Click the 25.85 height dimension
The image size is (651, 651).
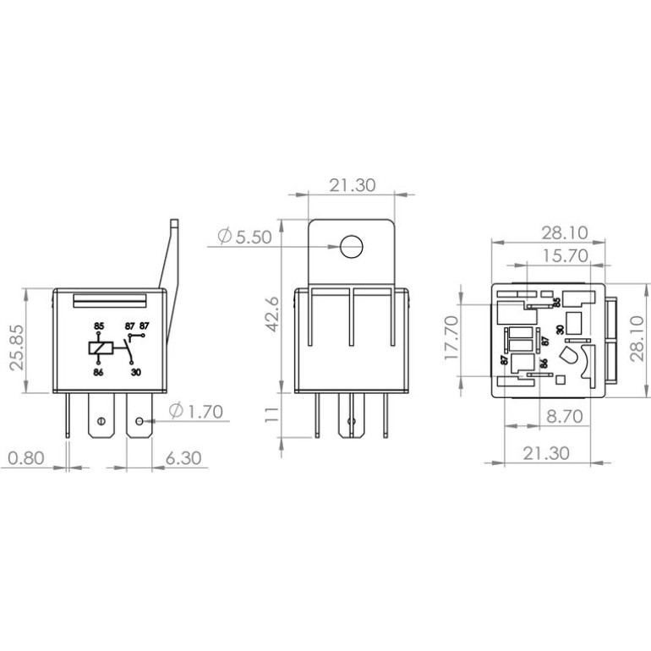click(x=17, y=347)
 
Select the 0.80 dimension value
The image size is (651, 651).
click(x=26, y=458)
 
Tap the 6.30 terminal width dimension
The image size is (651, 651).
click(x=183, y=458)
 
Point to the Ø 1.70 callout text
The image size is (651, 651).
click(x=196, y=411)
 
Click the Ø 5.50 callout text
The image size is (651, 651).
click(x=245, y=237)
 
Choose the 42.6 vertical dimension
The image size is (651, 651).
click(x=272, y=314)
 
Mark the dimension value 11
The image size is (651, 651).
click(x=272, y=415)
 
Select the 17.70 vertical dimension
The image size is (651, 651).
click(x=451, y=337)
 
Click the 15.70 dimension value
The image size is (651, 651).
click(x=566, y=255)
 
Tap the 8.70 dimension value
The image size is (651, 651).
click(x=565, y=416)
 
